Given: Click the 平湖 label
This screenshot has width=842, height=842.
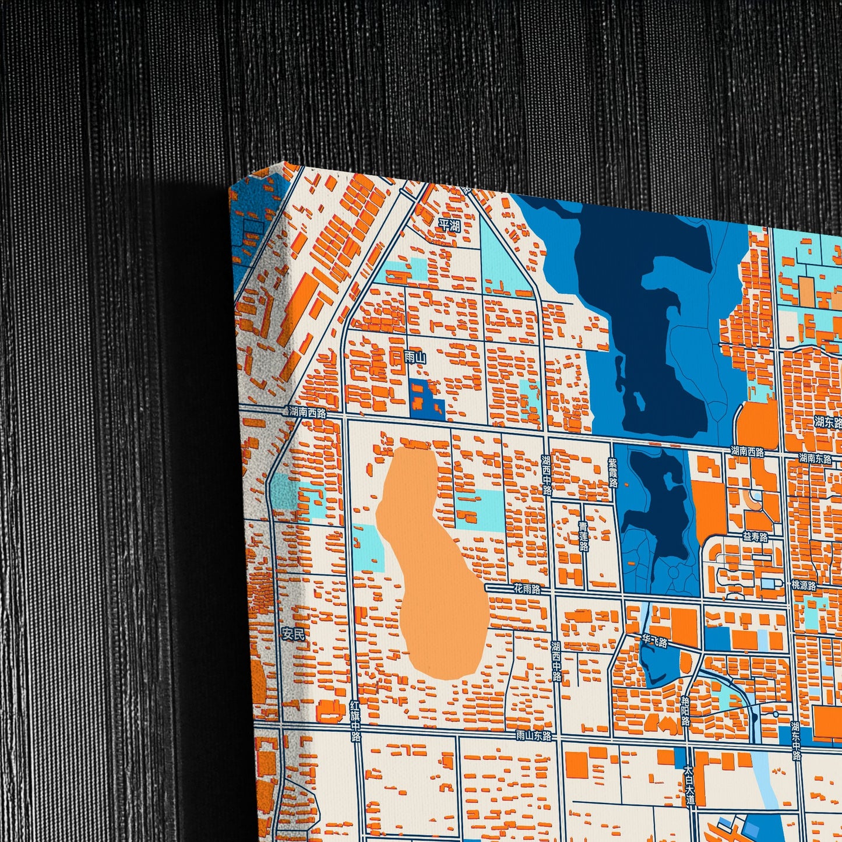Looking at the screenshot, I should coord(449,226).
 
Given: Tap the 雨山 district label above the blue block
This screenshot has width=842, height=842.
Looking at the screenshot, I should coord(415,357).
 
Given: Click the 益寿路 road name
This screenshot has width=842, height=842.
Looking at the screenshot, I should coord(755,537).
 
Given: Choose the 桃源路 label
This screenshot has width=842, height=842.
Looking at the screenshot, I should coord(804,586).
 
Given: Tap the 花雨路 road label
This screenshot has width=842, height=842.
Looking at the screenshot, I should coord(526,589).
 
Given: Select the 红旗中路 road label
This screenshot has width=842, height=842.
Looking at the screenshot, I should coord(355,720).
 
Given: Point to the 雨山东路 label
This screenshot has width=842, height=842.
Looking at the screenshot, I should coord(533,736).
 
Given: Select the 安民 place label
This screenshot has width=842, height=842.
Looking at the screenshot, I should coord(293,635).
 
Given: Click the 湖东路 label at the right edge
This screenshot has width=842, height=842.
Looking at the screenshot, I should coord(828,422).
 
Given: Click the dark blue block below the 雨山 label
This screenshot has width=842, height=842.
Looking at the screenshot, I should coord(425,399).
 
